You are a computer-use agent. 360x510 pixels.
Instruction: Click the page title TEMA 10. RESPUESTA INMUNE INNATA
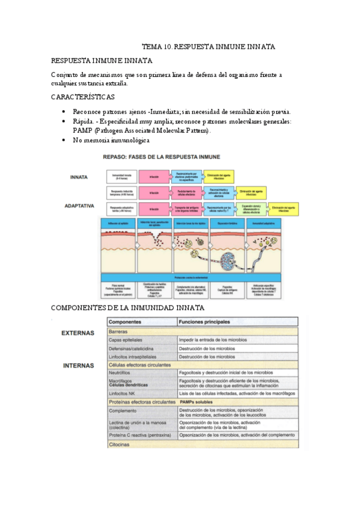(209, 46)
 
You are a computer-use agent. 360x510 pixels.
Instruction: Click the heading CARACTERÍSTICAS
(83, 97)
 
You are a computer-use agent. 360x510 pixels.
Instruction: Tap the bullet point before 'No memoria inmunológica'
(64, 140)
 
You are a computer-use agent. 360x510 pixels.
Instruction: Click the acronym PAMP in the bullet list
(83, 130)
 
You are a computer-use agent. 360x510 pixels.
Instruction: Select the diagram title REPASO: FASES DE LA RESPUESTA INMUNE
(162, 158)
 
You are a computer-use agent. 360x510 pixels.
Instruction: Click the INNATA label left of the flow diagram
(79, 177)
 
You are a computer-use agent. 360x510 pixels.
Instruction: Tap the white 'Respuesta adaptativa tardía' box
(123, 208)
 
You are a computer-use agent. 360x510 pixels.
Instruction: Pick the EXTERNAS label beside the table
(78, 332)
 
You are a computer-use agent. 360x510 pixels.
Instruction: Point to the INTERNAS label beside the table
(78, 365)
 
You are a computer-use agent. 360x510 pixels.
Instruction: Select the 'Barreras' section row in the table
(119, 331)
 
